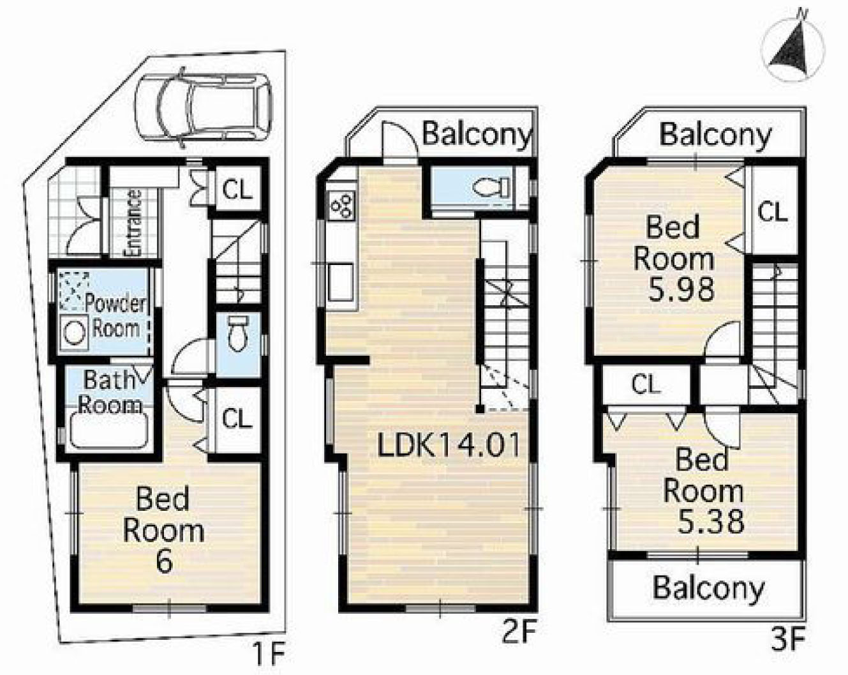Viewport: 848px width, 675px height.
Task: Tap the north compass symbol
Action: (x=793, y=51)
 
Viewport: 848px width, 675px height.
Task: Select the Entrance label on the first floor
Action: (x=133, y=223)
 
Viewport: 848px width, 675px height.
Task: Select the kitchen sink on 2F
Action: (x=341, y=282)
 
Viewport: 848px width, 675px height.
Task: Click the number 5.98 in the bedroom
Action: (x=681, y=289)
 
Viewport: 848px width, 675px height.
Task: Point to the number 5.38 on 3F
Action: (x=710, y=522)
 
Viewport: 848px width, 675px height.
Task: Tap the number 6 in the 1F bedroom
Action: (x=164, y=561)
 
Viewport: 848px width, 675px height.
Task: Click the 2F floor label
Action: (x=519, y=631)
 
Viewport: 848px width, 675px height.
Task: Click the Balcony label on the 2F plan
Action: (x=477, y=135)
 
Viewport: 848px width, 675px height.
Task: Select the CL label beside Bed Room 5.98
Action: (x=772, y=212)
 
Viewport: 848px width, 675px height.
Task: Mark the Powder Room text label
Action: (x=116, y=315)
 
